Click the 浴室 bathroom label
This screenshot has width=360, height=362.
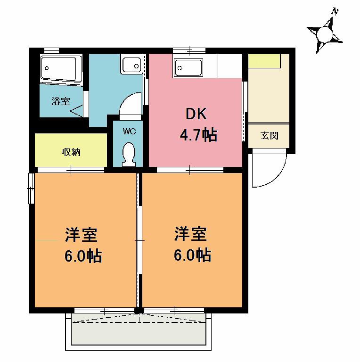(61, 101)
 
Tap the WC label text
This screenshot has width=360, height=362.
(129, 132)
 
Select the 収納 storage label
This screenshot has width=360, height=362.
(71, 152)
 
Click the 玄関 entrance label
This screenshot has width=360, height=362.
(270, 136)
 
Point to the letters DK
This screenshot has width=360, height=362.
(196, 114)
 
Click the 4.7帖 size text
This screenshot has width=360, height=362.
(198, 135)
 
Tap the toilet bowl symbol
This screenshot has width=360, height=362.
(129, 154)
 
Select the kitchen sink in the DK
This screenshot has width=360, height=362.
(188, 68)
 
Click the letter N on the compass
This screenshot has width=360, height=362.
(335, 11)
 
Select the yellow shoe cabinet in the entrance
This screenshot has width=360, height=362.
(264, 61)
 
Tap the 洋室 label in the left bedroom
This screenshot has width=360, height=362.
(81, 235)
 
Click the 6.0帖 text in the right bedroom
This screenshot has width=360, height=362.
(192, 255)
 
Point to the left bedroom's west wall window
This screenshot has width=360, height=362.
(31, 189)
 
